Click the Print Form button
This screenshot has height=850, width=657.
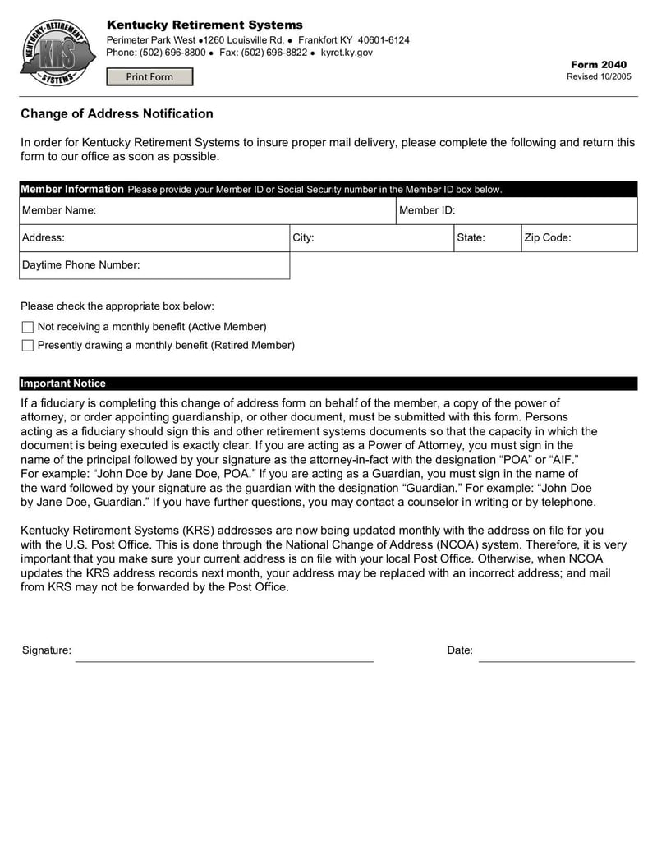point(149,77)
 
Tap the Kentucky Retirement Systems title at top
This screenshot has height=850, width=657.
point(204,25)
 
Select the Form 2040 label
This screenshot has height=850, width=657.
point(599,65)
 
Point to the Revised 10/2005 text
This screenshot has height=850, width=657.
point(599,76)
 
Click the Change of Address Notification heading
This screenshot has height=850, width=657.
point(117,114)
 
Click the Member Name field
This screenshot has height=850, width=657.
point(246,211)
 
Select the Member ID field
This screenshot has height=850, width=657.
point(546,211)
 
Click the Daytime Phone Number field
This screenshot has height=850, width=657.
point(214,265)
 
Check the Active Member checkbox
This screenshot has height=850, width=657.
point(28,327)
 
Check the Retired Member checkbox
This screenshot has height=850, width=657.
point(28,346)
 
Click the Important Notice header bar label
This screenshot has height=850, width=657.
point(63,384)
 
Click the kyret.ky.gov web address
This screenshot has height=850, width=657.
point(347,53)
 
